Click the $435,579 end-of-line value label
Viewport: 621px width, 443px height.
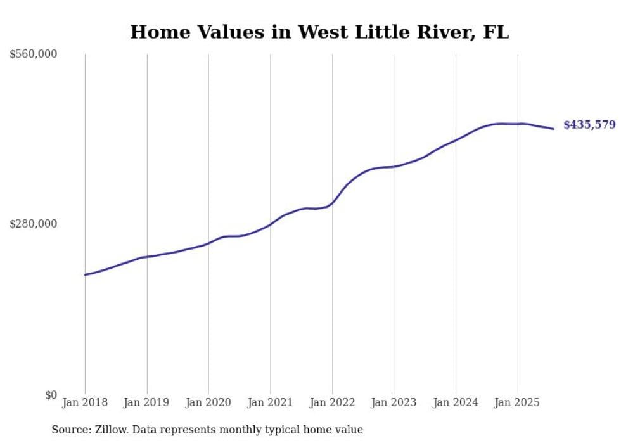tap(589, 125)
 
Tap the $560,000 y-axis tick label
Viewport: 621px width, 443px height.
tap(33, 55)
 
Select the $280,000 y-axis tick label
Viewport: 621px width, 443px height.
tap(33, 224)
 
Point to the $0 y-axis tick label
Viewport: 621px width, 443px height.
tap(51, 395)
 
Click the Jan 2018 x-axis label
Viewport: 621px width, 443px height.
tap(85, 402)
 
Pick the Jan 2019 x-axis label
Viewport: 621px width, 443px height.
tap(147, 402)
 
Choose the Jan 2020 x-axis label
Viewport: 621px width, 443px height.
tap(208, 402)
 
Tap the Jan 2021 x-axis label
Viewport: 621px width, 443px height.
tap(271, 402)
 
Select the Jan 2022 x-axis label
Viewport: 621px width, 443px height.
tap(332, 402)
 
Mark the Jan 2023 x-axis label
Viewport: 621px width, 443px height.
tap(394, 402)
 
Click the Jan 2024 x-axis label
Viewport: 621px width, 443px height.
tap(456, 402)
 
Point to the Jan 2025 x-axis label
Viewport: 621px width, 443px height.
tap(518, 402)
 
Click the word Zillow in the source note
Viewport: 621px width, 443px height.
tap(108, 430)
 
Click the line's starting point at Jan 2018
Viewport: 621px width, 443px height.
tap(85, 275)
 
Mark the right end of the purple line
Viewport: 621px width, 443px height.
tap(553, 129)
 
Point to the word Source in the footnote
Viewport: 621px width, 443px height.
tap(69, 430)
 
